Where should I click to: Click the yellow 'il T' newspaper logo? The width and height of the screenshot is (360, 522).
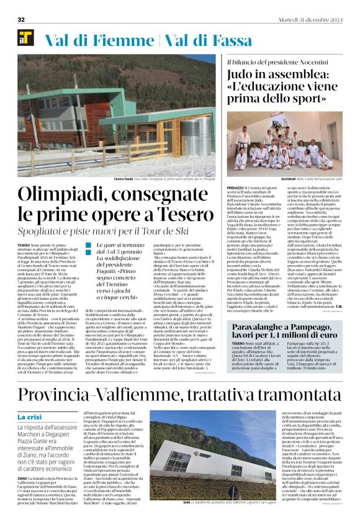[x=25, y=38]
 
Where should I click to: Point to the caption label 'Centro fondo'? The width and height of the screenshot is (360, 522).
[x=124, y=179]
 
